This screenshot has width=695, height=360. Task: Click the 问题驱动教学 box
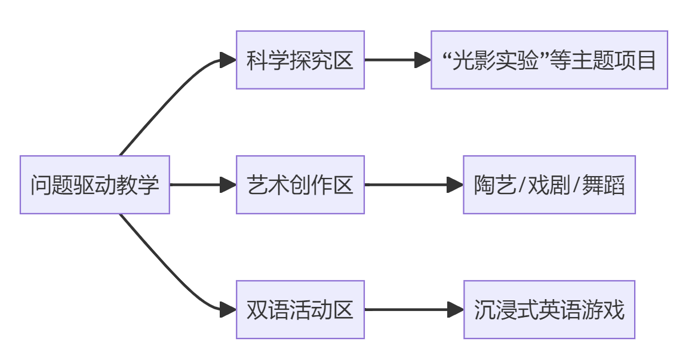point(95,184)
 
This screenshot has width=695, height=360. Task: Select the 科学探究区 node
point(300,60)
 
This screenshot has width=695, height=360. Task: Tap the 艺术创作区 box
point(300,184)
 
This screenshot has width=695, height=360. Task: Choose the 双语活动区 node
point(300,309)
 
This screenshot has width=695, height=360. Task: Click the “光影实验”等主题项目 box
point(549,60)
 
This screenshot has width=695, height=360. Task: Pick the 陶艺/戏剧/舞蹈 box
point(549,184)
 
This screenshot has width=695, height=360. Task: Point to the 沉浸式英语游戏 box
point(549,309)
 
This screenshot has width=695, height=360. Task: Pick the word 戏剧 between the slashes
point(549,185)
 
